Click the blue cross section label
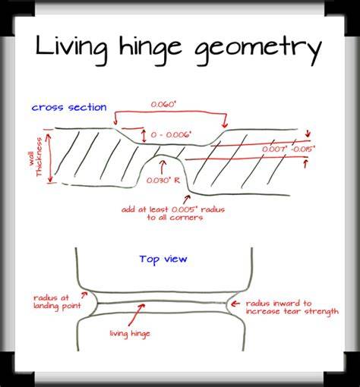[69, 107]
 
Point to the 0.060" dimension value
[163, 105]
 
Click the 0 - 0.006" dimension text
[171, 134]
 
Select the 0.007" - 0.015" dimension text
[289, 149]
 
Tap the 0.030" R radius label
[163, 181]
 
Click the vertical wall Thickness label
[35, 157]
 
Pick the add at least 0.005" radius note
[173, 213]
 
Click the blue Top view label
[163, 260]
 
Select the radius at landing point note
[57, 302]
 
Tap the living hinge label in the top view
[130, 334]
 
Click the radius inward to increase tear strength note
[292, 307]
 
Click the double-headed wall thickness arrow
[50, 158]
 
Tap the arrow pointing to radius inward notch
[235, 304]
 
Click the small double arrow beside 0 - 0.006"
[144, 136]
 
